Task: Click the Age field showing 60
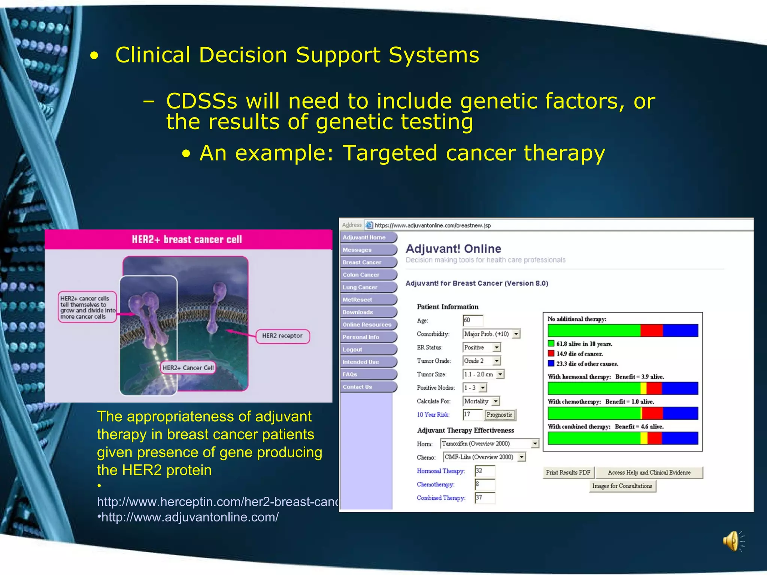click(473, 320)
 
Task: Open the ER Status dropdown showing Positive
click(482, 347)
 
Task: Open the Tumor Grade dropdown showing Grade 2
click(482, 361)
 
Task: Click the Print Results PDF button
click(568, 472)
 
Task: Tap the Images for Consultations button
click(622, 486)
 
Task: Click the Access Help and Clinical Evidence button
click(649, 472)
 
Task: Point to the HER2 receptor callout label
click(282, 336)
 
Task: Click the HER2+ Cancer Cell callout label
click(188, 368)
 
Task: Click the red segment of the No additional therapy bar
click(652, 331)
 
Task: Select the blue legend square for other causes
click(551, 363)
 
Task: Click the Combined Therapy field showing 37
click(485, 498)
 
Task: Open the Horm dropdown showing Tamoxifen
click(489, 444)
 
